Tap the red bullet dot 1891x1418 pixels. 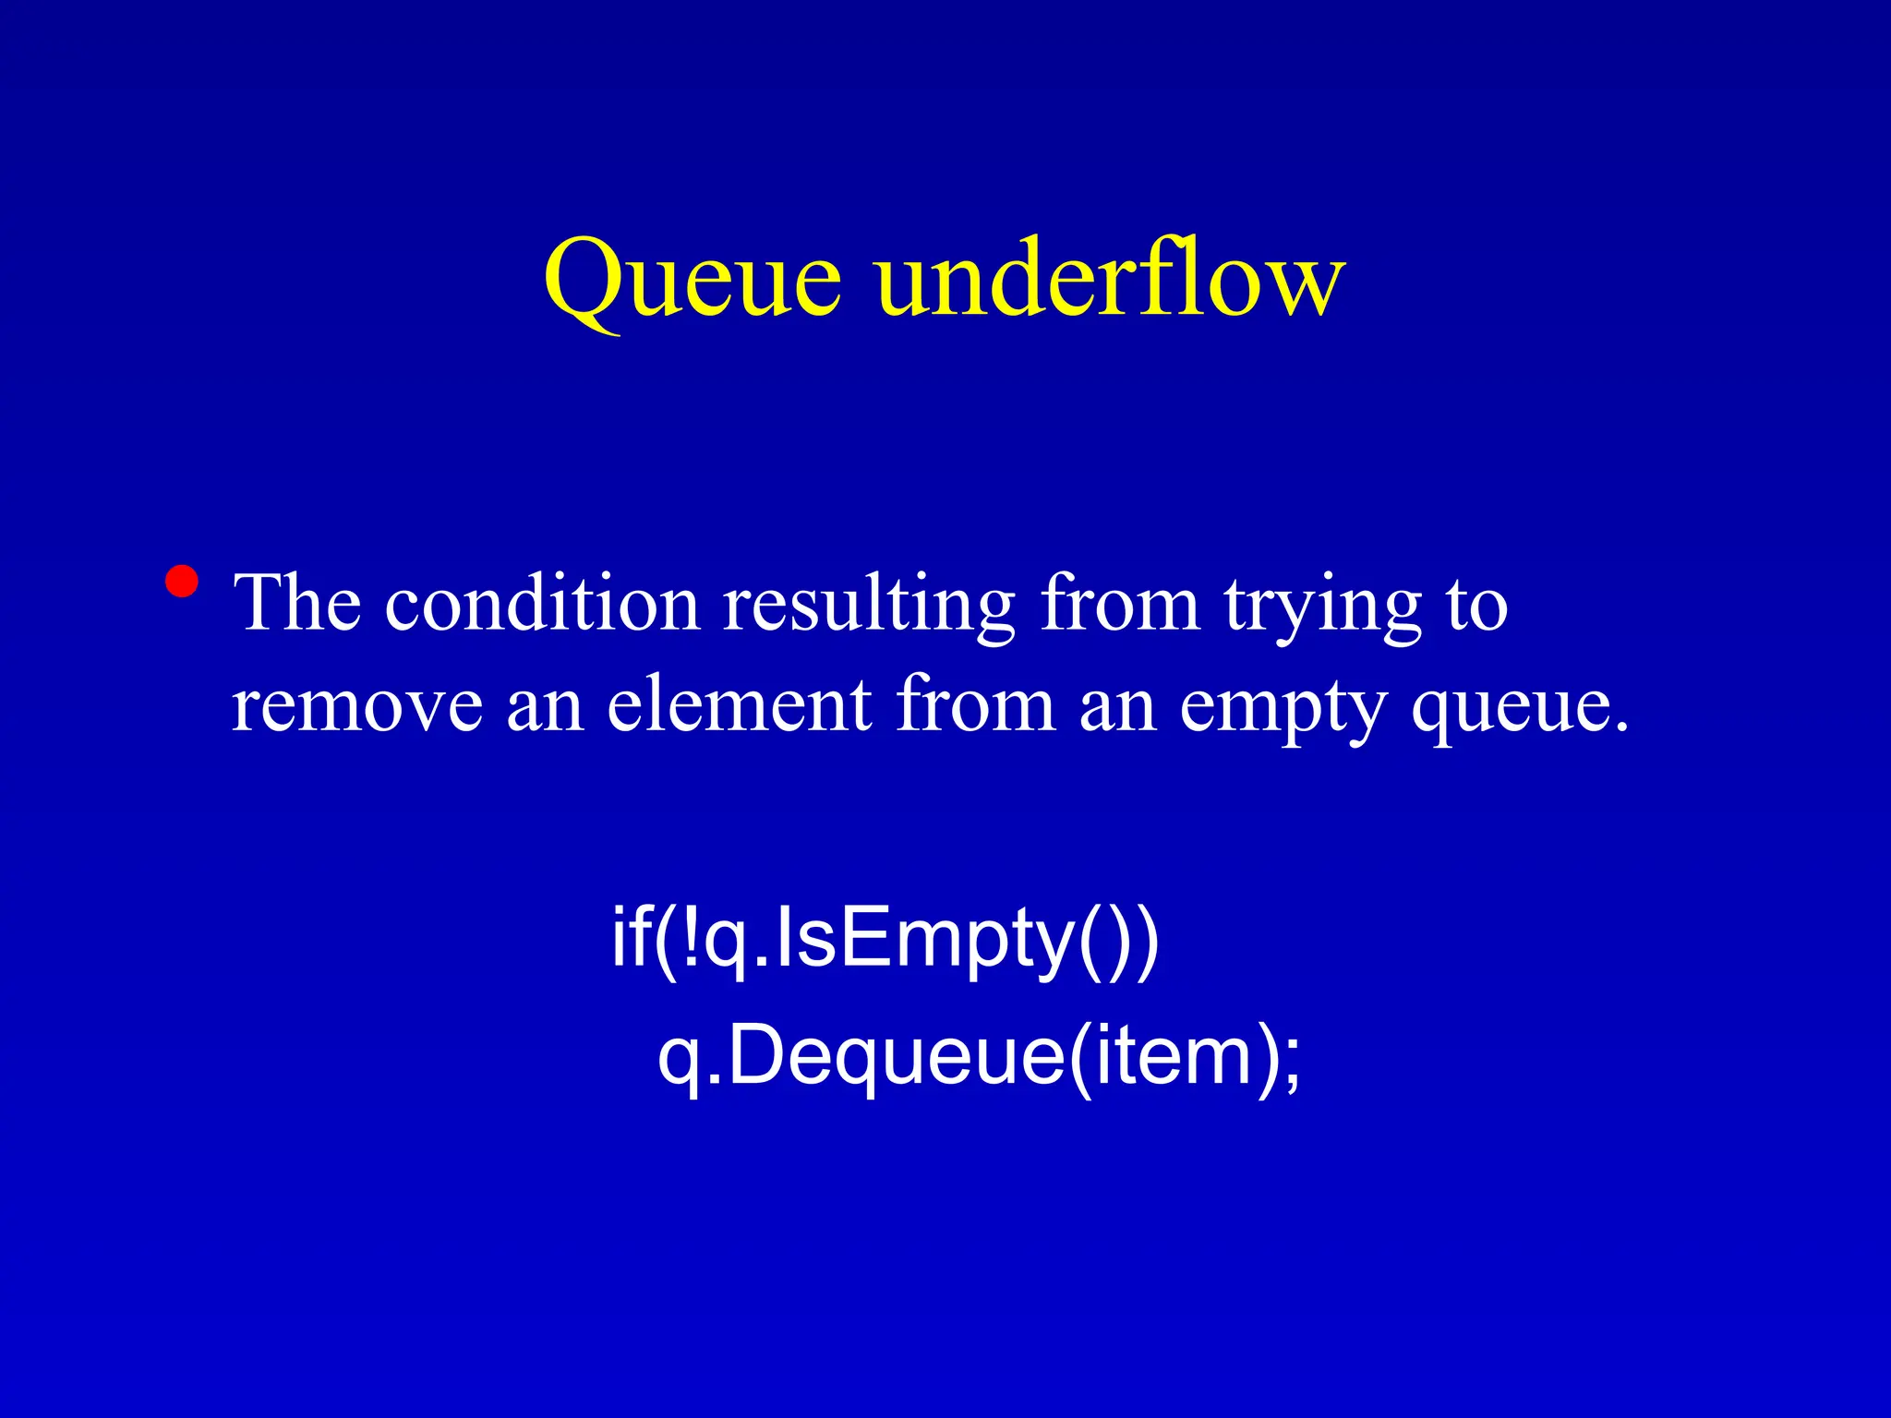point(182,582)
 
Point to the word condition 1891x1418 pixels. point(542,605)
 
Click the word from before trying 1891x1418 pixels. point(1120,605)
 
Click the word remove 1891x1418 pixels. point(356,706)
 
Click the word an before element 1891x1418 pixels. point(545,706)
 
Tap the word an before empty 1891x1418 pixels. point(1117,706)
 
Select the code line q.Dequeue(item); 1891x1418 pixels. point(979,1057)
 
